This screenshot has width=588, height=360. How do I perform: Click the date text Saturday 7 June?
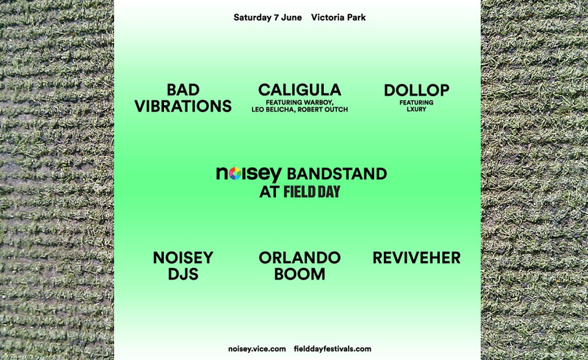pyautogui.click(x=268, y=17)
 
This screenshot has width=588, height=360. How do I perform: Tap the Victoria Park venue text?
pyautogui.click(x=338, y=17)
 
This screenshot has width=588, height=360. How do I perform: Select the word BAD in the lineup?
pyautogui.click(x=183, y=90)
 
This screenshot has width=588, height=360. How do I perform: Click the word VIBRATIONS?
pyautogui.click(x=183, y=106)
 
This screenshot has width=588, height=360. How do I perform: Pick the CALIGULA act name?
pyautogui.click(x=300, y=90)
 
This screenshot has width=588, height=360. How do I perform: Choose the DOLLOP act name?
pyautogui.click(x=416, y=90)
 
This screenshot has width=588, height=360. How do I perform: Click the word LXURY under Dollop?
pyautogui.click(x=416, y=109)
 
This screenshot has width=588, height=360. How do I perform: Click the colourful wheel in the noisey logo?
pyautogui.click(x=235, y=174)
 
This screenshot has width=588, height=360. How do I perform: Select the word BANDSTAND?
pyautogui.click(x=337, y=174)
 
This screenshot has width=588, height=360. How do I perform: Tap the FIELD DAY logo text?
pyautogui.click(x=311, y=192)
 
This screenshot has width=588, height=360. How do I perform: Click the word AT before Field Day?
pyautogui.click(x=269, y=192)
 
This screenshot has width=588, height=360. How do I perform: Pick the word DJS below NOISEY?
pyautogui.click(x=183, y=274)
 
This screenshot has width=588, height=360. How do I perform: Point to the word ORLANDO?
pyautogui.click(x=300, y=258)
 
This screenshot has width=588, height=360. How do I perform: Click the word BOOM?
pyautogui.click(x=300, y=274)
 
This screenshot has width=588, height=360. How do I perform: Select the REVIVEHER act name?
pyautogui.click(x=416, y=258)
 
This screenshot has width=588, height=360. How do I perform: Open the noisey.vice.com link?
pyautogui.click(x=257, y=349)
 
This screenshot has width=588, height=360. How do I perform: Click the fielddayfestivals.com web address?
pyautogui.click(x=332, y=349)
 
